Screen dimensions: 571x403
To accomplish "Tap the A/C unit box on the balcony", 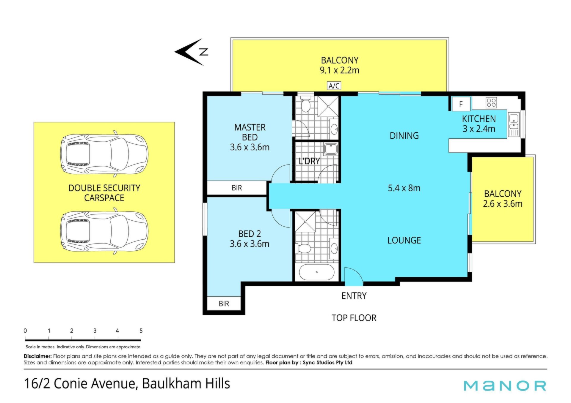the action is click(x=334, y=86).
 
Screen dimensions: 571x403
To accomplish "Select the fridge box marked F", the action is click(x=461, y=104).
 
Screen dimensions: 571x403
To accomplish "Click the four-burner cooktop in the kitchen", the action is click(x=491, y=103).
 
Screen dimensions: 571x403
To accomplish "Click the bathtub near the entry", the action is click(x=316, y=272).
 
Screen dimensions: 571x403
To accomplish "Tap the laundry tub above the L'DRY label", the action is click(x=331, y=149).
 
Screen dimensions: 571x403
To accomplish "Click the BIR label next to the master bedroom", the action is click(x=237, y=188).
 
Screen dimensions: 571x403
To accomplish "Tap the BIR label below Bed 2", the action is click(x=224, y=304).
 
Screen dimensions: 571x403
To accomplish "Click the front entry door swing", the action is click(x=354, y=276).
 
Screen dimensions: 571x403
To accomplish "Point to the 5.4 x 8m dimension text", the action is click(x=404, y=188).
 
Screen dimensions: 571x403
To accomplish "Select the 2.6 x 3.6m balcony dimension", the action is click(x=503, y=204).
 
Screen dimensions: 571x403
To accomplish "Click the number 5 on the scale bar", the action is click(x=141, y=331).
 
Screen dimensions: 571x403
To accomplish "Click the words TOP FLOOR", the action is click(x=354, y=318).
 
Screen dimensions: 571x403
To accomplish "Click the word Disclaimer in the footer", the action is click(x=38, y=356).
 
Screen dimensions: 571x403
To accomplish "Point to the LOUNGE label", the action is click(x=404, y=240).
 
